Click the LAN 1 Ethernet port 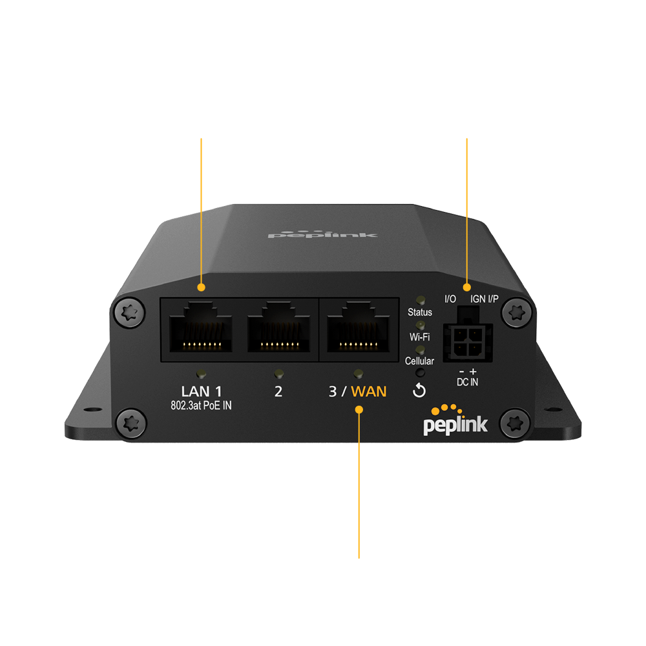201,328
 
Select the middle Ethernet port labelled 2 278,328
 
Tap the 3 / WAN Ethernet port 359,328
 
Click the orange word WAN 369,391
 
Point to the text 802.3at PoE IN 201,406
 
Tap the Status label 420,312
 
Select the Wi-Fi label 420,337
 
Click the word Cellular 419,361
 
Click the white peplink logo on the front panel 455,421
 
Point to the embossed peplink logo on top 322,234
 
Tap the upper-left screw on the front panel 129,313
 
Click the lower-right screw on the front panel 515,423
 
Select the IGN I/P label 484,299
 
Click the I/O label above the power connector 450,299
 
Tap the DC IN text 468,382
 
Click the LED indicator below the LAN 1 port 202,374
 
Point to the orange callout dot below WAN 359,410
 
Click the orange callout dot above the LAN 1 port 201,287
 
